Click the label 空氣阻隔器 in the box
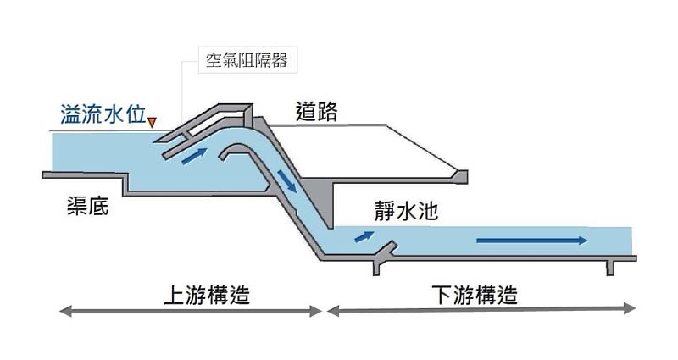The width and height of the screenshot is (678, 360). [245, 62]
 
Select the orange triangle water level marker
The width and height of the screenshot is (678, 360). [152, 124]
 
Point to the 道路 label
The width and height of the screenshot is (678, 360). [316, 112]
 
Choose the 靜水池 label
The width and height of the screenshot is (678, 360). [405, 211]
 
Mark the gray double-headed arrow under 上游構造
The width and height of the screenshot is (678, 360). [192, 312]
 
